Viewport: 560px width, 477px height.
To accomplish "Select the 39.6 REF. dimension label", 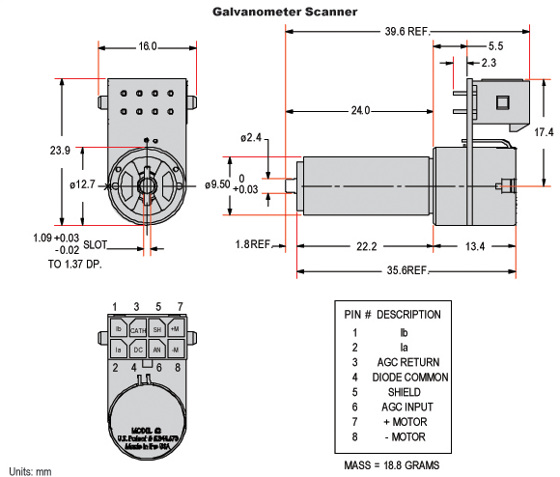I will [x=405, y=30].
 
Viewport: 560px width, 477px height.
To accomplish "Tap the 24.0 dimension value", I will [x=361, y=111].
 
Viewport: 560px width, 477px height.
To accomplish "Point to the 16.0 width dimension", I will [x=147, y=46].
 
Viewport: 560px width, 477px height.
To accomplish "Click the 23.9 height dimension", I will [x=59, y=150].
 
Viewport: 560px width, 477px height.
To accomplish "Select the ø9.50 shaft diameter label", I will [x=218, y=184].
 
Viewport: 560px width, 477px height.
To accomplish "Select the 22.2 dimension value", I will [x=364, y=247].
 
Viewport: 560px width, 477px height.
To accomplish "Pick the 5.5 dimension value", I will [x=494, y=46].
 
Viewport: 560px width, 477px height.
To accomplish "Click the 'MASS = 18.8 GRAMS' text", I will [x=391, y=464].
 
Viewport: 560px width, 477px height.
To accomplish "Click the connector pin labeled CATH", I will [x=138, y=329].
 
